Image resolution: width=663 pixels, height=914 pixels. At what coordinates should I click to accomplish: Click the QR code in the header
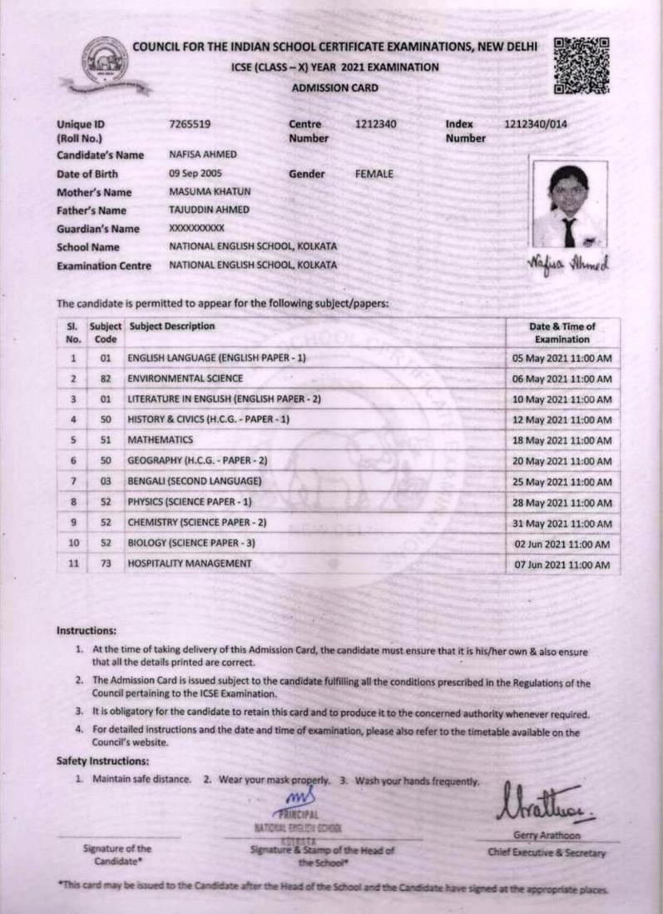point(581,65)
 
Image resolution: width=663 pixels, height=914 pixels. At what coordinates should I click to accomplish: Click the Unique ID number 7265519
point(190,125)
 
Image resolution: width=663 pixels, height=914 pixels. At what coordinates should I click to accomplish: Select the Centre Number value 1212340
point(375,125)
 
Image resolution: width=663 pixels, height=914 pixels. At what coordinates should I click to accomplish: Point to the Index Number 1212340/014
point(537,125)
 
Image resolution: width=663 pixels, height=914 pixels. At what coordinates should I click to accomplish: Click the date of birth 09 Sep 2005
point(195,174)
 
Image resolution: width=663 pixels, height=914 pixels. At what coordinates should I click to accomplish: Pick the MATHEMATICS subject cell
point(161,440)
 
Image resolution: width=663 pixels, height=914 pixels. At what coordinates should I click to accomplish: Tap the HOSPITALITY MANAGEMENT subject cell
point(189,564)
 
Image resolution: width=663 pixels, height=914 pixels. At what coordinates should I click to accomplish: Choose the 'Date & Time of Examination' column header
point(562,333)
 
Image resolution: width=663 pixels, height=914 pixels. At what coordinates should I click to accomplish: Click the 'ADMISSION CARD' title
point(335,87)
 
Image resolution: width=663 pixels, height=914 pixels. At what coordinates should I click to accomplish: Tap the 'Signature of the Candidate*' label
point(117,854)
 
